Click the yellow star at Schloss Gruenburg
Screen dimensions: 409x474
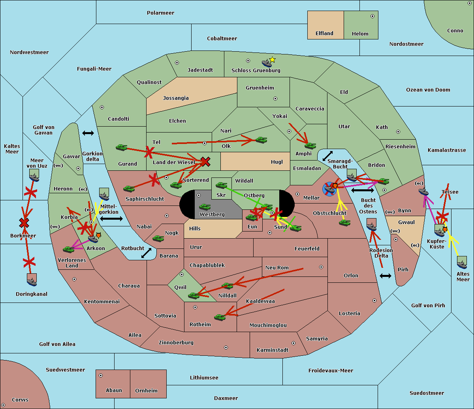tap(272, 60)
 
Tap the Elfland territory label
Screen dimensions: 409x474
tap(324, 34)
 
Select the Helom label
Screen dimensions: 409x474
tap(360, 34)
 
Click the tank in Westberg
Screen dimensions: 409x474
tap(205, 207)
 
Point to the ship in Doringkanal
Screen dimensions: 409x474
tap(32, 280)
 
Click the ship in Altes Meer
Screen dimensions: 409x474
tap(462, 263)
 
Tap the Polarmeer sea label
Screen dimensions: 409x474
tap(160, 13)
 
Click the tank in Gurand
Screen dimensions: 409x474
tap(121, 148)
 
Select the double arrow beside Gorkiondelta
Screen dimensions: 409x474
tap(88, 133)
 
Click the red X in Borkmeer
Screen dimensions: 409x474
tap(24, 223)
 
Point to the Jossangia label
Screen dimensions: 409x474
tap(176, 98)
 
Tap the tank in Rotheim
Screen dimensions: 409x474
tap(220, 317)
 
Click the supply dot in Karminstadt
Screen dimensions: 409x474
tap(293, 343)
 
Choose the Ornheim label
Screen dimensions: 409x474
tap(146, 391)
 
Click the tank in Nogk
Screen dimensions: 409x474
tap(158, 239)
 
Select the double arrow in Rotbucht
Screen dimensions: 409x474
tap(146, 253)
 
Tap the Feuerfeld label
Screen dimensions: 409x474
tap(307, 249)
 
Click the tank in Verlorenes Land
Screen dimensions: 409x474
tap(68, 249)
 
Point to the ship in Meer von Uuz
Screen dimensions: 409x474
tap(34, 176)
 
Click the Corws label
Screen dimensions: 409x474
tap(20, 400)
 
